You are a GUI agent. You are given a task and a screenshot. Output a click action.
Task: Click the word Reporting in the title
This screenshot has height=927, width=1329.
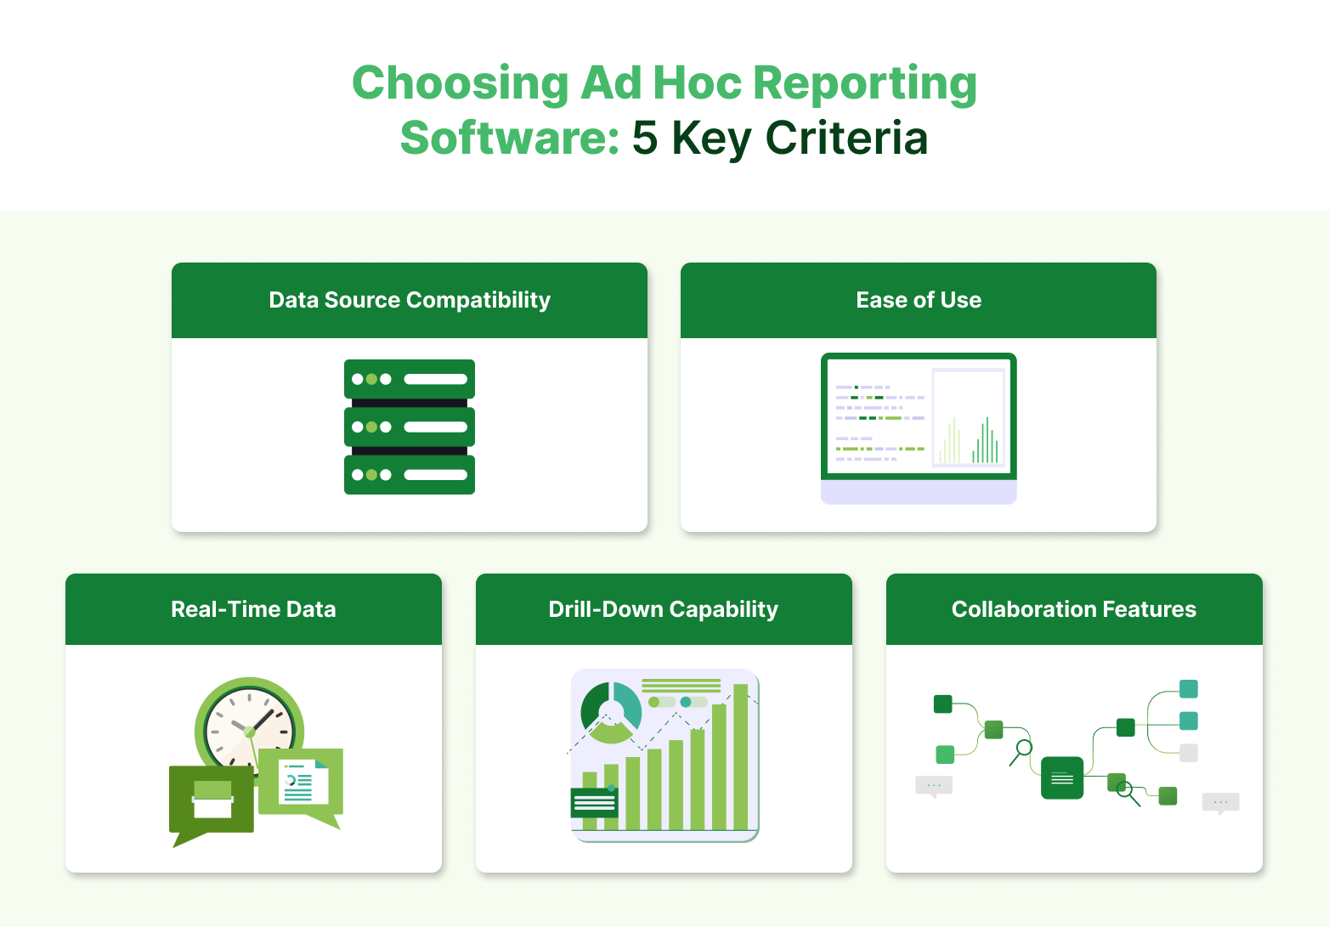tap(864, 84)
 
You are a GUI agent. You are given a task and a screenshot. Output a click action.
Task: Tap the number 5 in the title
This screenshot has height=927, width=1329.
tap(644, 138)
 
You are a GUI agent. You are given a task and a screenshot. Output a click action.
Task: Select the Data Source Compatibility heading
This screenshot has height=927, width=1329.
tap(410, 300)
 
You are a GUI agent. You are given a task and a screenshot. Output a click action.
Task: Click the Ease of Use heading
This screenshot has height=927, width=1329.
tap(919, 300)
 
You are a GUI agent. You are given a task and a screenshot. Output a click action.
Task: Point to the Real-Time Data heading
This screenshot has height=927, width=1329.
tap(253, 609)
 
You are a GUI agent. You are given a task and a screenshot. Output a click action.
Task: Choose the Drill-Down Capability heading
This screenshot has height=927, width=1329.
tap(664, 609)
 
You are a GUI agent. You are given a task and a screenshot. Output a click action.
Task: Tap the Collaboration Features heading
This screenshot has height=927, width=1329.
tap(1074, 609)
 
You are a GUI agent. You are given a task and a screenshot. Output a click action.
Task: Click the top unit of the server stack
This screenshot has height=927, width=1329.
tap(410, 379)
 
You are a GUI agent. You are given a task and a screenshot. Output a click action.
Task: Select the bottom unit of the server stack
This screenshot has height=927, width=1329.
tap(410, 475)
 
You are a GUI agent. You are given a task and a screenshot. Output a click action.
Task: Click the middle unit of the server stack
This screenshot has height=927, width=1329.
tap(410, 427)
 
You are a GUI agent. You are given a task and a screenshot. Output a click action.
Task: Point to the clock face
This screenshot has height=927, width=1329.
tap(249, 727)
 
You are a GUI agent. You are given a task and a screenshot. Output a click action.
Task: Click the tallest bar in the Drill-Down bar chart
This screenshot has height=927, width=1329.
tap(740, 756)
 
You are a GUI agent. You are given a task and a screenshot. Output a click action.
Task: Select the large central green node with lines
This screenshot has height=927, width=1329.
tap(1062, 777)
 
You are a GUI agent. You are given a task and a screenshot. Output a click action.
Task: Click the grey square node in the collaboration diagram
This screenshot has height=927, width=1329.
tap(1189, 753)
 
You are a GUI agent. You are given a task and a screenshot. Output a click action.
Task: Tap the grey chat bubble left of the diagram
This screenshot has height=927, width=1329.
tap(934, 786)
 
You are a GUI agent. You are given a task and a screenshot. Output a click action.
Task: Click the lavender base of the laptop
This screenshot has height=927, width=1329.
tap(919, 493)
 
